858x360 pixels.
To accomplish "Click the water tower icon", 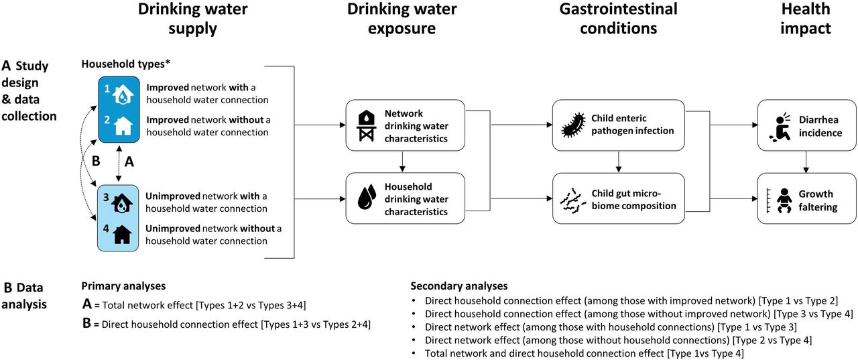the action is point(367,125).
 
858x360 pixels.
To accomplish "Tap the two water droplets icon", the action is point(367,197).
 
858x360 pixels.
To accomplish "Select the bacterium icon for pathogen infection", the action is point(573,125).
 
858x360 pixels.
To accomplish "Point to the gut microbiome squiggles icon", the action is point(572,200).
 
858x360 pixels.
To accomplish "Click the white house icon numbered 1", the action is point(123,95).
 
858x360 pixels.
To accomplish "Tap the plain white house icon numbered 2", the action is point(123,126).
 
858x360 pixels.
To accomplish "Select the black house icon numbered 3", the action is point(122,203).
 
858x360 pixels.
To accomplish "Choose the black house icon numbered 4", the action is point(122,235).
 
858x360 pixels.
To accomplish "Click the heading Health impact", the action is point(806,18).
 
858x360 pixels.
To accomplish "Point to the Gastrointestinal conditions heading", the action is point(618,18).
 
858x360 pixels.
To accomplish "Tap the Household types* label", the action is point(125,64).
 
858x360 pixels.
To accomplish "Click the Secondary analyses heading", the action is point(459,286).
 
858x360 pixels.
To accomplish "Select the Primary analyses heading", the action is point(123,286).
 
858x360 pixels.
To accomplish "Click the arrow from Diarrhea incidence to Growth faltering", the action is point(806,162).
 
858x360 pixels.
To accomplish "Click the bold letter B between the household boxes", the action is point(96,162).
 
